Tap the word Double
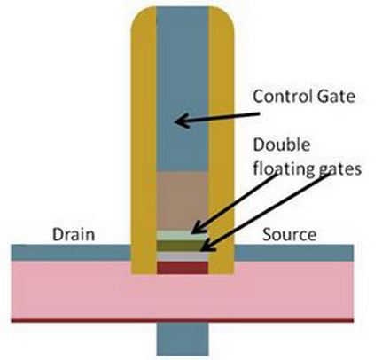coord(282,145)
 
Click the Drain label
coord(74,234)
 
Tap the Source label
coord(289,234)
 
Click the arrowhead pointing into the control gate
coord(181,121)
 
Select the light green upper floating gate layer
coord(182,236)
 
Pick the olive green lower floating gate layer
coord(182,246)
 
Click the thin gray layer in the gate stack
coord(182,256)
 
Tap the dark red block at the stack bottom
coord(182,268)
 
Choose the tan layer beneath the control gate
coord(182,201)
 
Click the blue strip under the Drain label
coord(71,253)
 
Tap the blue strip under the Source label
coord(294,253)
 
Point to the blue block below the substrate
coord(183,339)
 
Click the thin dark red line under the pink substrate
coord(183,320)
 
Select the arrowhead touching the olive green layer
coord(207,246)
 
